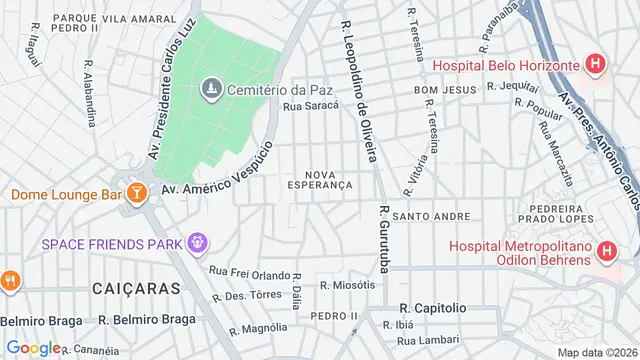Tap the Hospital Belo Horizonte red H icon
coord(597,66)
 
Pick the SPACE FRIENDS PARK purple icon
coord(198,242)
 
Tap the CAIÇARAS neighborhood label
coord(136,288)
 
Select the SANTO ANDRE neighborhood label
coord(431,216)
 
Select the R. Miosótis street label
coord(347,285)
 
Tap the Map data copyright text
coord(597,352)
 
